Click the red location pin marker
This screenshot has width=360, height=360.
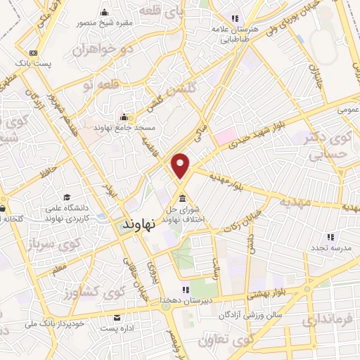click(181, 165)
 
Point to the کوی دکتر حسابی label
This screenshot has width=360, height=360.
click(328, 141)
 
